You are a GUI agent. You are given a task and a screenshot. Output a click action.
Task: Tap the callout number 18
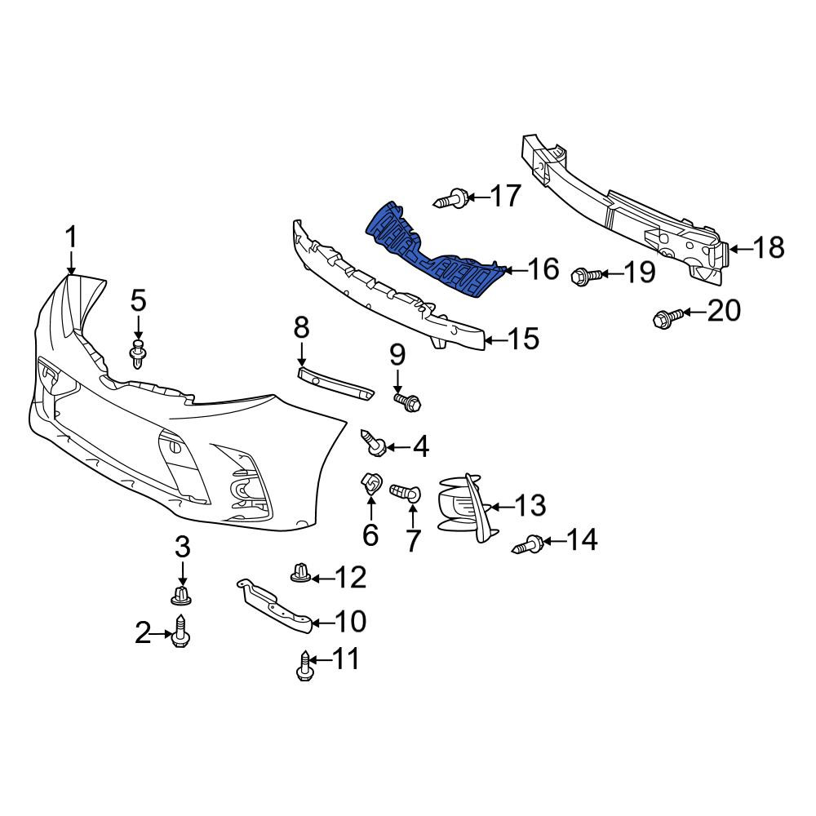pyautogui.click(x=769, y=248)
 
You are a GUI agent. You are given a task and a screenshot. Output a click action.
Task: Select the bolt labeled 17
pyautogui.click(x=451, y=198)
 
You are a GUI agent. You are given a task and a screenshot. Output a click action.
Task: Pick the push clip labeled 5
pyautogui.click(x=137, y=354)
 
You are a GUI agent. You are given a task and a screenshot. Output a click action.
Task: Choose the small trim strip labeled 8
pyautogui.click(x=335, y=383)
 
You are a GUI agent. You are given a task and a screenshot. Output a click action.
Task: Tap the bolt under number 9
pyautogui.click(x=407, y=401)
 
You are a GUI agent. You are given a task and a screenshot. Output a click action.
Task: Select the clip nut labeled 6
pyautogui.click(x=371, y=484)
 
